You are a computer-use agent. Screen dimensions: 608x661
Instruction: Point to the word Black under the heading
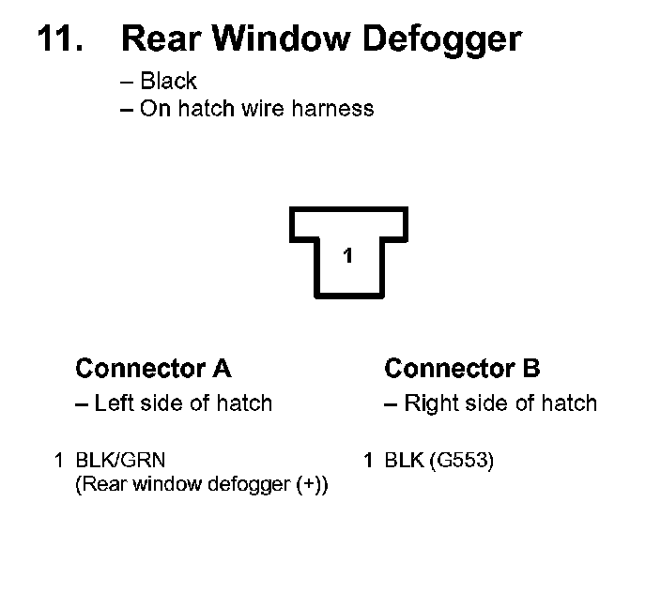click(168, 82)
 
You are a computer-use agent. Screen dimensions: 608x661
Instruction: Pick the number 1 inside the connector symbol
click(347, 255)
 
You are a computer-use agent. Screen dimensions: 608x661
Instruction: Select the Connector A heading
click(153, 369)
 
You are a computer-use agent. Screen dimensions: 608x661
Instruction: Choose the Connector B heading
click(462, 369)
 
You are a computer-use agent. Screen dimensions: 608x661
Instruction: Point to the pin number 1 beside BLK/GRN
click(59, 460)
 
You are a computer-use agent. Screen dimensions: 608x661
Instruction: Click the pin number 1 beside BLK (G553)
click(368, 460)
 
